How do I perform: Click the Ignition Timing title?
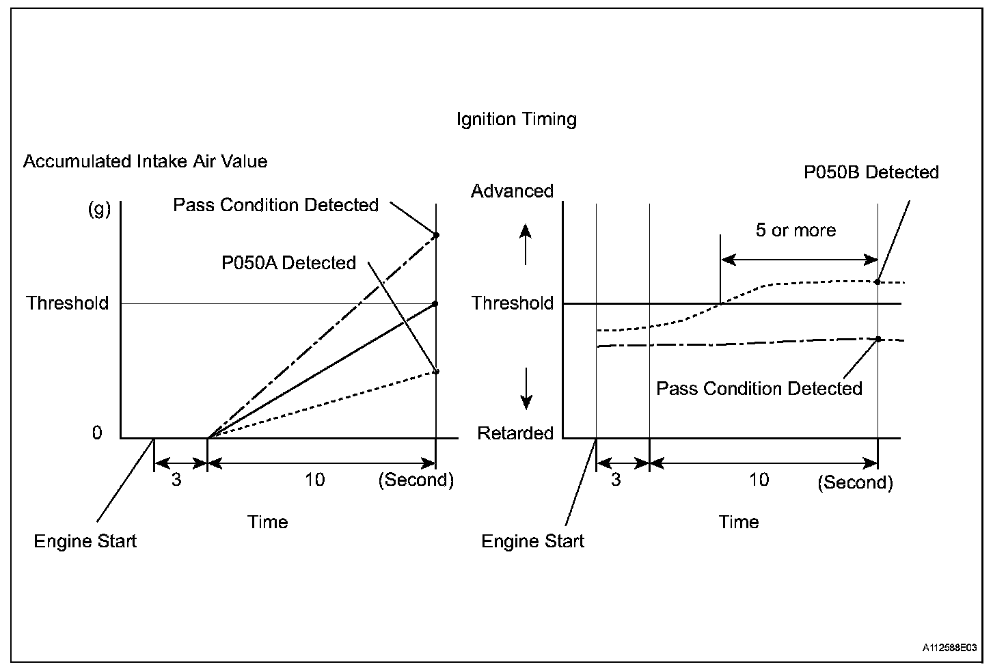tap(517, 120)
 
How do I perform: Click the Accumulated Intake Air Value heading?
tap(145, 161)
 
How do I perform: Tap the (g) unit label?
tap(99, 210)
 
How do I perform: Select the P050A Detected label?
tap(289, 263)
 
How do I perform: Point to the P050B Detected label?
tap(871, 172)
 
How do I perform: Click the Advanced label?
tap(512, 191)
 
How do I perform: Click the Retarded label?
tap(515, 433)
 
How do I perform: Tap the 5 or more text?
tap(796, 230)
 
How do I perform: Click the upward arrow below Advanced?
tap(526, 245)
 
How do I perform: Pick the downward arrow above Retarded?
tap(526, 389)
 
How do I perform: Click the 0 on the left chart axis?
tap(97, 433)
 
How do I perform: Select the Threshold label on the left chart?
tap(68, 303)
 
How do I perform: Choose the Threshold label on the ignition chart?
tap(513, 303)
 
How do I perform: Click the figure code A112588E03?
tap(949, 647)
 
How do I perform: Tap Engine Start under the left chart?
tap(85, 541)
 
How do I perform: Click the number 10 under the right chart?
tap(759, 480)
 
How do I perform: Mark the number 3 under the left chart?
tap(176, 480)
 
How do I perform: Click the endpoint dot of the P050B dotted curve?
tap(877, 282)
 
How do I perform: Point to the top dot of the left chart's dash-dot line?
tap(436, 235)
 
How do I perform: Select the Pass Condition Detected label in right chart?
tap(759, 389)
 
